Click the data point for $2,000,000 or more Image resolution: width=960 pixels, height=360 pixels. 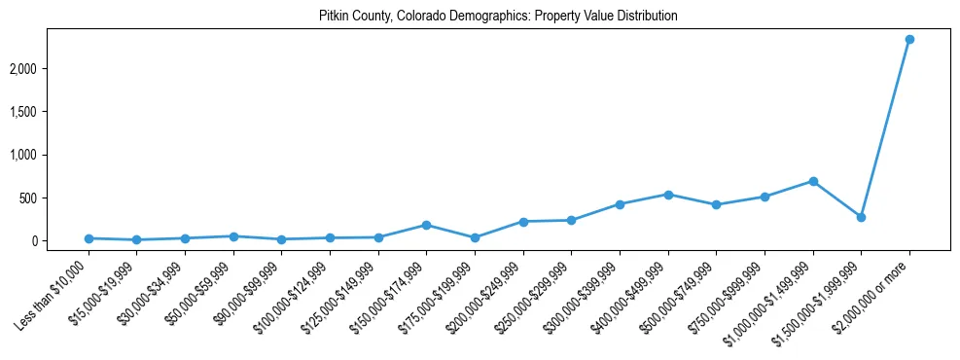point(909,39)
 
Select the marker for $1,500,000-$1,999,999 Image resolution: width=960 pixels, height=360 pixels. point(861,217)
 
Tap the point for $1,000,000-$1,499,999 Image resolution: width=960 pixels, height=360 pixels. point(813,181)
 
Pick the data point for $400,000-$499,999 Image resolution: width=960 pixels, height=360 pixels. point(668,195)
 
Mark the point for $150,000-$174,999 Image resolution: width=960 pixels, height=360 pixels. point(426,225)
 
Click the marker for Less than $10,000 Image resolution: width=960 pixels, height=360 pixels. point(89,238)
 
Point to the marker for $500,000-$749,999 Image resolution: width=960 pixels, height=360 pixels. point(716,204)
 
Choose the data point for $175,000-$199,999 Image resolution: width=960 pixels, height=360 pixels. point(475,237)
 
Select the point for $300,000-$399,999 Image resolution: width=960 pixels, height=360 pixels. point(620,204)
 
